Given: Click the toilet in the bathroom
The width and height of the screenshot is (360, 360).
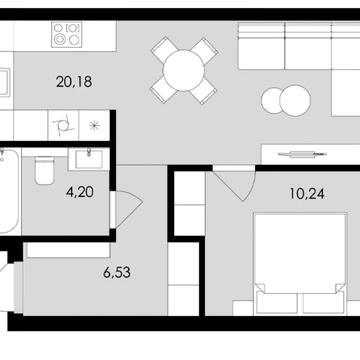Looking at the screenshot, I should click(42, 171).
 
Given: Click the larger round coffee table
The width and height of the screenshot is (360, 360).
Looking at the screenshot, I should click(275, 100).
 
